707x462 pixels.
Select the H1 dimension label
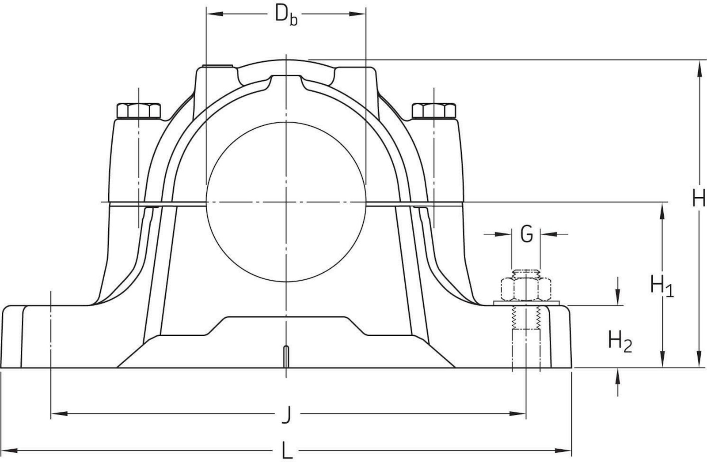[662, 285]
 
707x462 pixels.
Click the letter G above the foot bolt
[526, 234]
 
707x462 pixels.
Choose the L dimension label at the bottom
[287, 451]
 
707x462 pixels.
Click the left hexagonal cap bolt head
[139, 111]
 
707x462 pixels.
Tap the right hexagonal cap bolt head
[434, 111]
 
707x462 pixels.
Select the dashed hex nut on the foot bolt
[526, 289]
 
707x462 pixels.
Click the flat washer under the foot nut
[526, 303]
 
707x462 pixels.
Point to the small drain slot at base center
[286, 357]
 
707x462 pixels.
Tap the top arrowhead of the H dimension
[699, 68]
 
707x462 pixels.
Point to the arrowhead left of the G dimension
[503, 234]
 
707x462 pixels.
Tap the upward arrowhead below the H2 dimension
[618, 376]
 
